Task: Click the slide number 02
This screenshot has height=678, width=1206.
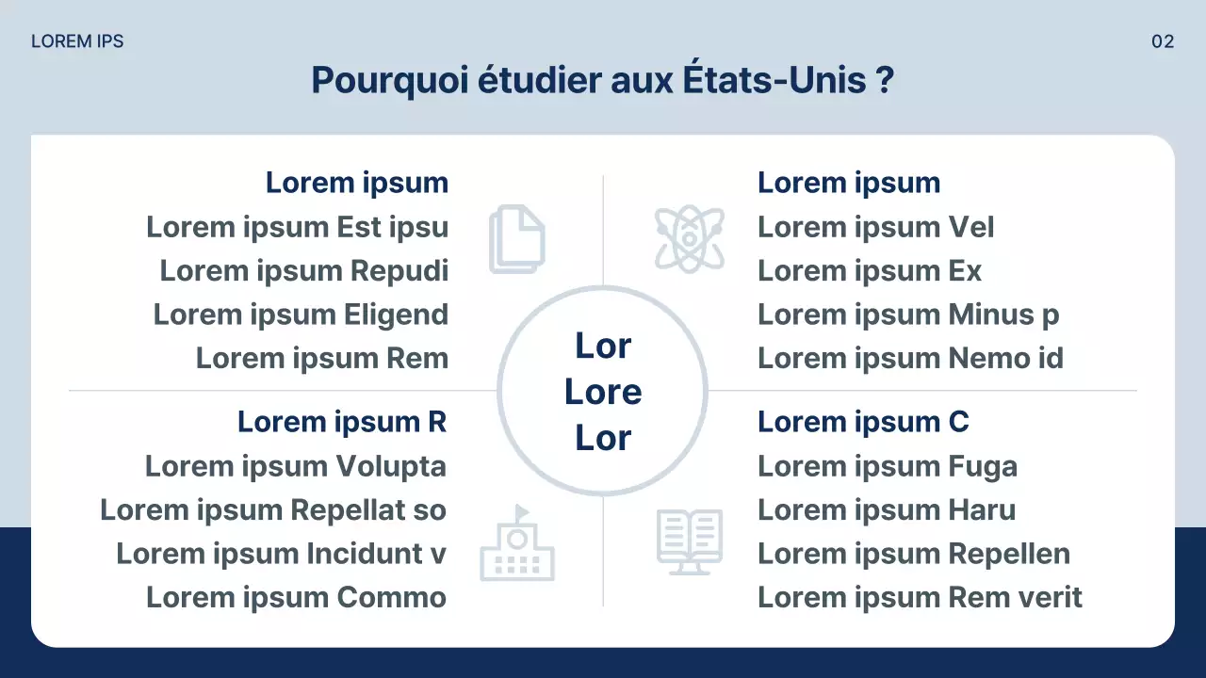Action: (x=1163, y=41)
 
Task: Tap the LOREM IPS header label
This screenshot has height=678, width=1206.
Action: (x=77, y=41)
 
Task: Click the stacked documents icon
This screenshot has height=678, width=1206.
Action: (x=516, y=241)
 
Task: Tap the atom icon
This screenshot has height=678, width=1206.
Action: (x=690, y=239)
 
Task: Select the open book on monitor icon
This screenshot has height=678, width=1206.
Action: (x=689, y=542)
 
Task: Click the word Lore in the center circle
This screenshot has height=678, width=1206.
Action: (x=603, y=392)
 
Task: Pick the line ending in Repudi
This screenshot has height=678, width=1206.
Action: (x=303, y=271)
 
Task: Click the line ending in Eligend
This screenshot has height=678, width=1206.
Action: (x=301, y=315)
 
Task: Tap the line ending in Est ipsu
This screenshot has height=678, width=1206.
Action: (x=297, y=227)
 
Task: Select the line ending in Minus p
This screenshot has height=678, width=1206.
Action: (x=908, y=315)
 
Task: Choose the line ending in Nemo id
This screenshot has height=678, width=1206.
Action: (x=910, y=359)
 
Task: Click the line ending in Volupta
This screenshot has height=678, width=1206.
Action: (x=295, y=466)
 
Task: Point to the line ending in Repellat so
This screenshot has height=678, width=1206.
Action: (x=273, y=510)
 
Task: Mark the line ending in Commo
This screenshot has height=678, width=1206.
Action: (x=296, y=598)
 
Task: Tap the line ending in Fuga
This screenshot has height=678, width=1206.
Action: (x=888, y=466)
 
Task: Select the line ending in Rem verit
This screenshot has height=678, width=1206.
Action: (x=920, y=598)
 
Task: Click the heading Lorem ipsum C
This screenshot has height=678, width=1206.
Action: (x=863, y=423)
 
